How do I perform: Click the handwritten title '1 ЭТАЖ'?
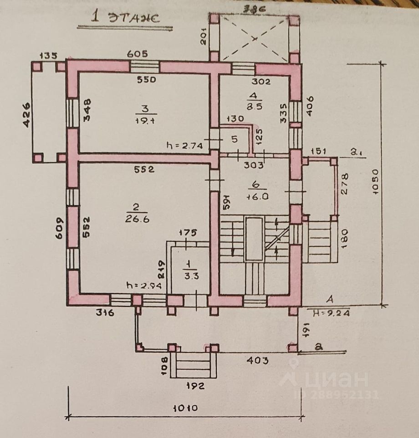pos(125,18)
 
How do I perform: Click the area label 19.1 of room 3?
pos(145,120)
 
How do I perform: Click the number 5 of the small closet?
pos(234,139)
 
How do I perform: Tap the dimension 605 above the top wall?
pos(137,54)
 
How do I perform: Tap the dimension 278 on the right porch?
pos(345,184)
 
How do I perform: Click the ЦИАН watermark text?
pos(337,379)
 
